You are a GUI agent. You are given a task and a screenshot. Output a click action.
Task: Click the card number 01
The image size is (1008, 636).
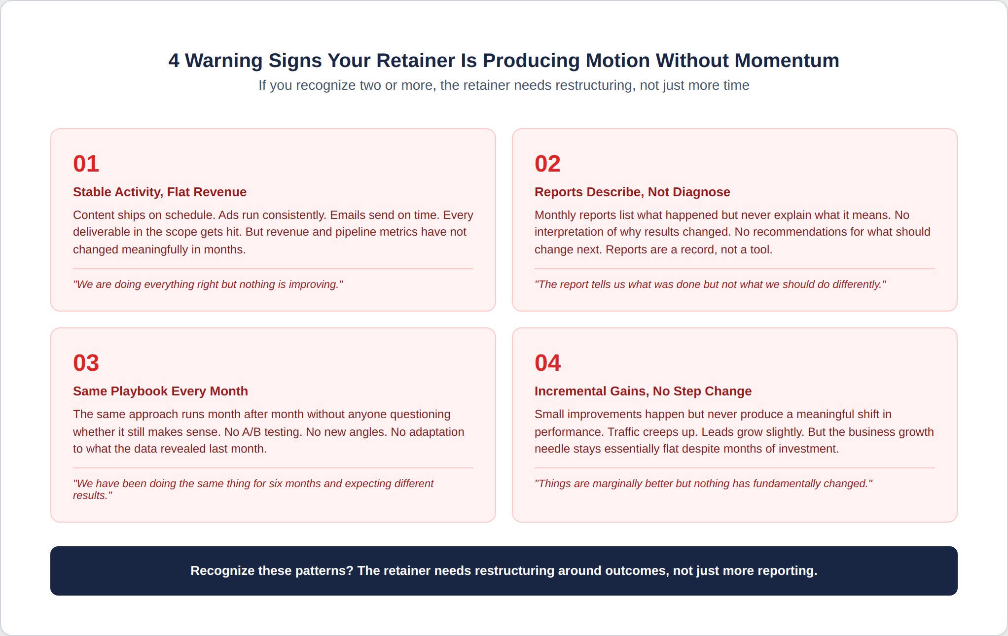click(86, 164)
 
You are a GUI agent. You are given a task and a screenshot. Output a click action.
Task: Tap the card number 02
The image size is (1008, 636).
click(547, 164)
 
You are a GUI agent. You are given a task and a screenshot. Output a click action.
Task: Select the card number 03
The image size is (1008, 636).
click(86, 363)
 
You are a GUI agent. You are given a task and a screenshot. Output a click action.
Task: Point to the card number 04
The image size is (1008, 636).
click(547, 363)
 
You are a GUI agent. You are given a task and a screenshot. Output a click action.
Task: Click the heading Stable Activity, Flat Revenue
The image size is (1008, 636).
click(160, 192)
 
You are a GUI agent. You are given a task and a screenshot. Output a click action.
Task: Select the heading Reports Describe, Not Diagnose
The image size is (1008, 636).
click(632, 192)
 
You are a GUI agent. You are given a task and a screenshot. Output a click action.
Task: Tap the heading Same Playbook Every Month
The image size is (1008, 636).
click(160, 391)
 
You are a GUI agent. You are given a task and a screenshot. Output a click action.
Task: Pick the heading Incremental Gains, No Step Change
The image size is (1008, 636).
click(643, 391)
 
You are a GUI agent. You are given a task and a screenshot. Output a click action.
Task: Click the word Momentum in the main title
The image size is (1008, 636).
click(787, 61)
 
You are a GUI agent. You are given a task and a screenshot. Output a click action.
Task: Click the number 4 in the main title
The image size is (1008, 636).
click(174, 61)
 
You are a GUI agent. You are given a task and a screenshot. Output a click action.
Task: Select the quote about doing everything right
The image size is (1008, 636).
click(208, 284)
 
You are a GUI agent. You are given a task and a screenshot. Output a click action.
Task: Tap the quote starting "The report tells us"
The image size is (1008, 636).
click(710, 284)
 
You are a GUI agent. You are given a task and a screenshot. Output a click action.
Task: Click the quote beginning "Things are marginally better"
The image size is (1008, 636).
click(703, 484)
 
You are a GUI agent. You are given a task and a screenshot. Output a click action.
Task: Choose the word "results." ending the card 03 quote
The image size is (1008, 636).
click(93, 495)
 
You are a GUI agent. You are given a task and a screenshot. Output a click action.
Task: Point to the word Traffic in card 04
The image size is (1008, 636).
click(624, 432)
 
